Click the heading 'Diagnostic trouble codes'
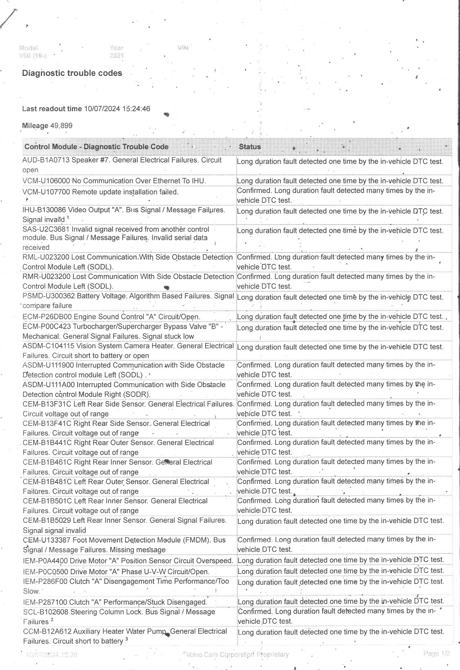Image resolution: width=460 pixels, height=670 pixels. (x=72, y=73)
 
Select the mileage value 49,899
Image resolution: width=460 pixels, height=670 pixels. (x=62, y=126)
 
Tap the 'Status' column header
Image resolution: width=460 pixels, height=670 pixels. (x=250, y=147)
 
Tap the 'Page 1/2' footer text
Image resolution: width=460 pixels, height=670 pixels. (x=436, y=653)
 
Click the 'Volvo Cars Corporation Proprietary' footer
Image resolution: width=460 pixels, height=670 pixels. (x=237, y=654)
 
